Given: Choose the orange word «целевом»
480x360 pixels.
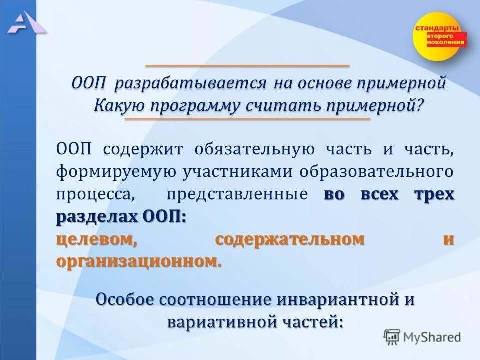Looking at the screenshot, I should pyautogui.click(x=96, y=240).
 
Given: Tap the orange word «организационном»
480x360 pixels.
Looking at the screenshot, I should pyautogui.click(x=138, y=261).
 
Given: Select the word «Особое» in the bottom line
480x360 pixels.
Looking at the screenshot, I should pyautogui.click(x=124, y=300).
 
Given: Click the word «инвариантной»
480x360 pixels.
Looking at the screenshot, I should pyautogui.click(x=334, y=300).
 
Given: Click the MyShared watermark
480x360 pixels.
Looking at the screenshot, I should pyautogui.click(x=423, y=336).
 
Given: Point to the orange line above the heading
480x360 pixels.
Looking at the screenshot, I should pyautogui.click(x=247, y=66).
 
